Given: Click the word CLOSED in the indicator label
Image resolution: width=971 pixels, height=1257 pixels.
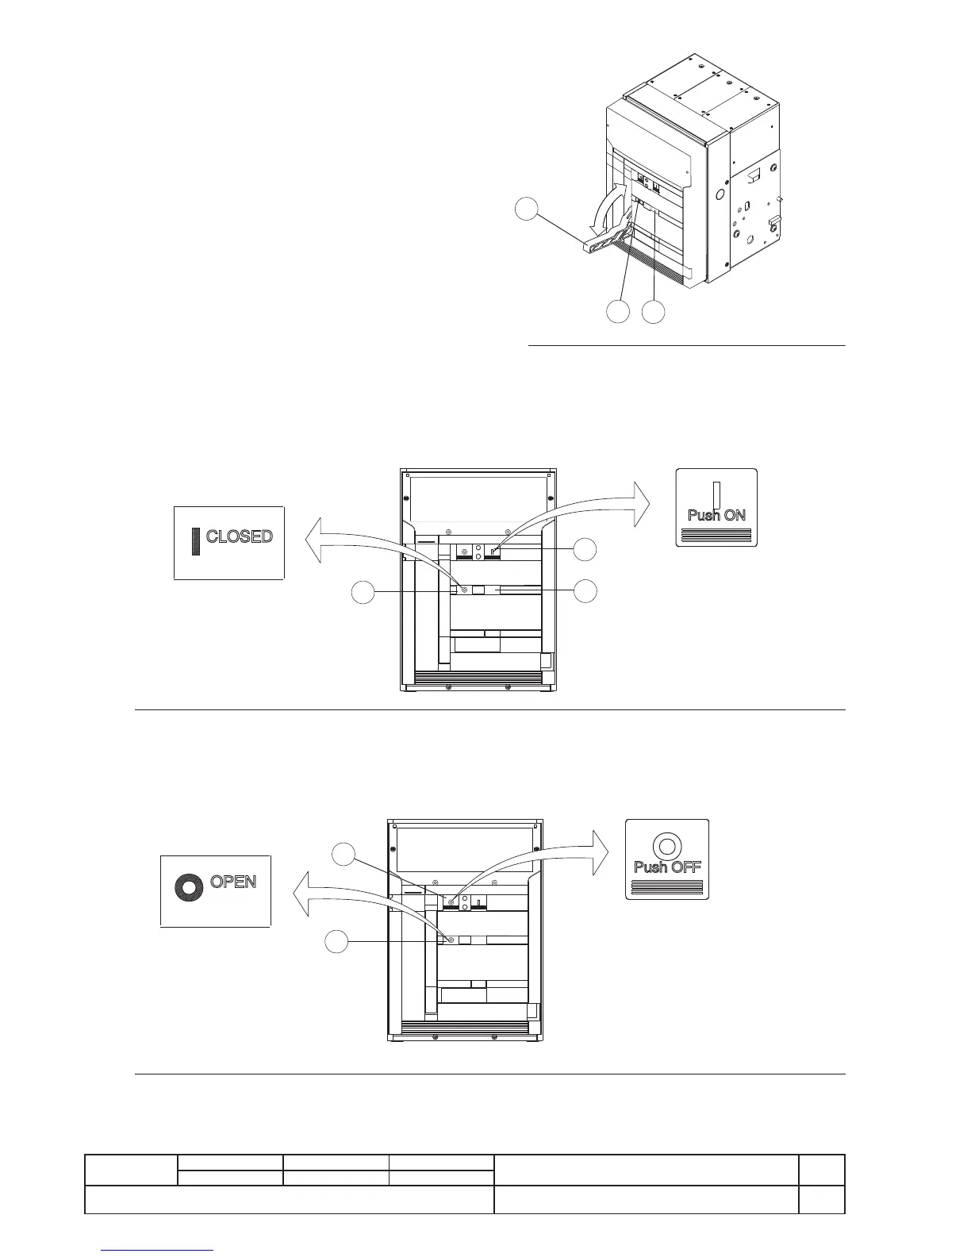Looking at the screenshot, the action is pyautogui.click(x=239, y=536).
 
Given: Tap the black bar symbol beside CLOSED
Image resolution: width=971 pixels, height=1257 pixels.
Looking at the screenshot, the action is pyautogui.click(x=196, y=540).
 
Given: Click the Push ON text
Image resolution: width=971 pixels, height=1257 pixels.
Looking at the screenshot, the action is pyautogui.click(x=716, y=515).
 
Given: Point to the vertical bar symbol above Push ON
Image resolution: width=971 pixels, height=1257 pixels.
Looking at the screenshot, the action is pyautogui.click(x=716, y=494).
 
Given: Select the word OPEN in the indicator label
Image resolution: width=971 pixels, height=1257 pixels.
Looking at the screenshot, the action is pyautogui.click(x=233, y=882).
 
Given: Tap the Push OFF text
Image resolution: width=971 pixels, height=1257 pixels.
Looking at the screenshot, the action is pyautogui.click(x=667, y=867).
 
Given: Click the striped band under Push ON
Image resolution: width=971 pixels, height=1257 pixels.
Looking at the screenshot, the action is pyautogui.click(x=716, y=534).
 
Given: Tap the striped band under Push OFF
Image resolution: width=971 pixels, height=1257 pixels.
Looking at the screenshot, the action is pyautogui.click(x=667, y=886).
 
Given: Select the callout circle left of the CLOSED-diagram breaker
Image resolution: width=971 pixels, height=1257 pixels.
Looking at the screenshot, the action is pyautogui.click(x=363, y=593).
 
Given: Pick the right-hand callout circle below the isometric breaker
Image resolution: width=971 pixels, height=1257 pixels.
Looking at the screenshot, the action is pyautogui.click(x=654, y=312).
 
